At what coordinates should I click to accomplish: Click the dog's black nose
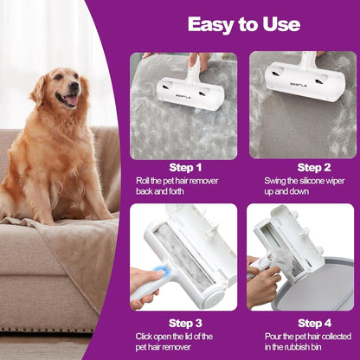click(x=74, y=86)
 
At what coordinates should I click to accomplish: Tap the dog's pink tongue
click(x=72, y=100)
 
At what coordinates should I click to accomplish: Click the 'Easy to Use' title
click(x=244, y=24)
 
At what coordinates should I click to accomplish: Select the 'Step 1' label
click(x=185, y=168)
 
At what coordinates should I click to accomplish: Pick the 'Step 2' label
click(x=314, y=168)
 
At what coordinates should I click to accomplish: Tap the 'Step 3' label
click(x=185, y=324)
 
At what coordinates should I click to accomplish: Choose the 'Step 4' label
click(x=314, y=324)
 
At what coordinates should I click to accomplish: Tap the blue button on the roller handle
click(x=159, y=271)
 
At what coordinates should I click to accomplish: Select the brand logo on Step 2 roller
click(x=299, y=85)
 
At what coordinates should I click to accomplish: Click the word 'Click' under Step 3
click(x=144, y=337)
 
